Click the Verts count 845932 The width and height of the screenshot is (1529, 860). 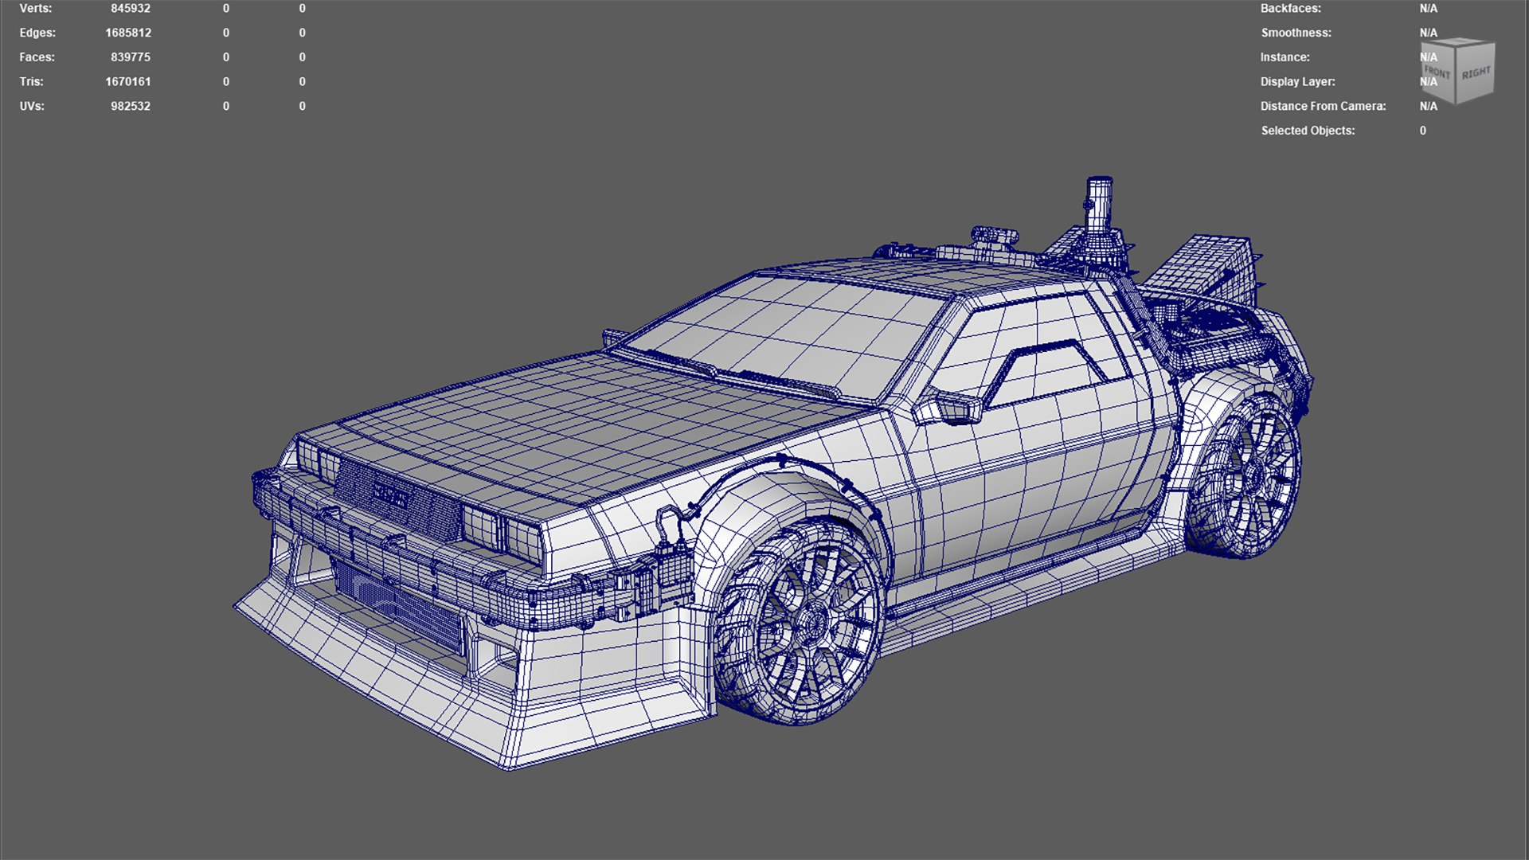(x=130, y=9)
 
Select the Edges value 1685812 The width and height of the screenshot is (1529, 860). (x=127, y=33)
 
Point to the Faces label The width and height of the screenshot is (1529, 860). (x=37, y=57)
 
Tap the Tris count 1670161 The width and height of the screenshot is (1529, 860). (x=127, y=81)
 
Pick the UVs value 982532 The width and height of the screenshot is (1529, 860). (x=130, y=106)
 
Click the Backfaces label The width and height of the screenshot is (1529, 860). (x=1290, y=9)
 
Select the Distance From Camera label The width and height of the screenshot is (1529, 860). (x=1323, y=106)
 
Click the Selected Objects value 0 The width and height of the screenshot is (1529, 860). (x=1422, y=131)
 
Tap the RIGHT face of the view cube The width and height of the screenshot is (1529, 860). (x=1476, y=73)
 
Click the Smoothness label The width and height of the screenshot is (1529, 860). (x=1296, y=33)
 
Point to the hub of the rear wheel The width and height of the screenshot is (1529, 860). (x=1252, y=476)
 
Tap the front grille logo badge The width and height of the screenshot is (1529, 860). (x=390, y=496)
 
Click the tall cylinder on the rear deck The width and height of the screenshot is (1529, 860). (x=1099, y=203)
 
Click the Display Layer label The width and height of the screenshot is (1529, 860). (x=1297, y=81)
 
